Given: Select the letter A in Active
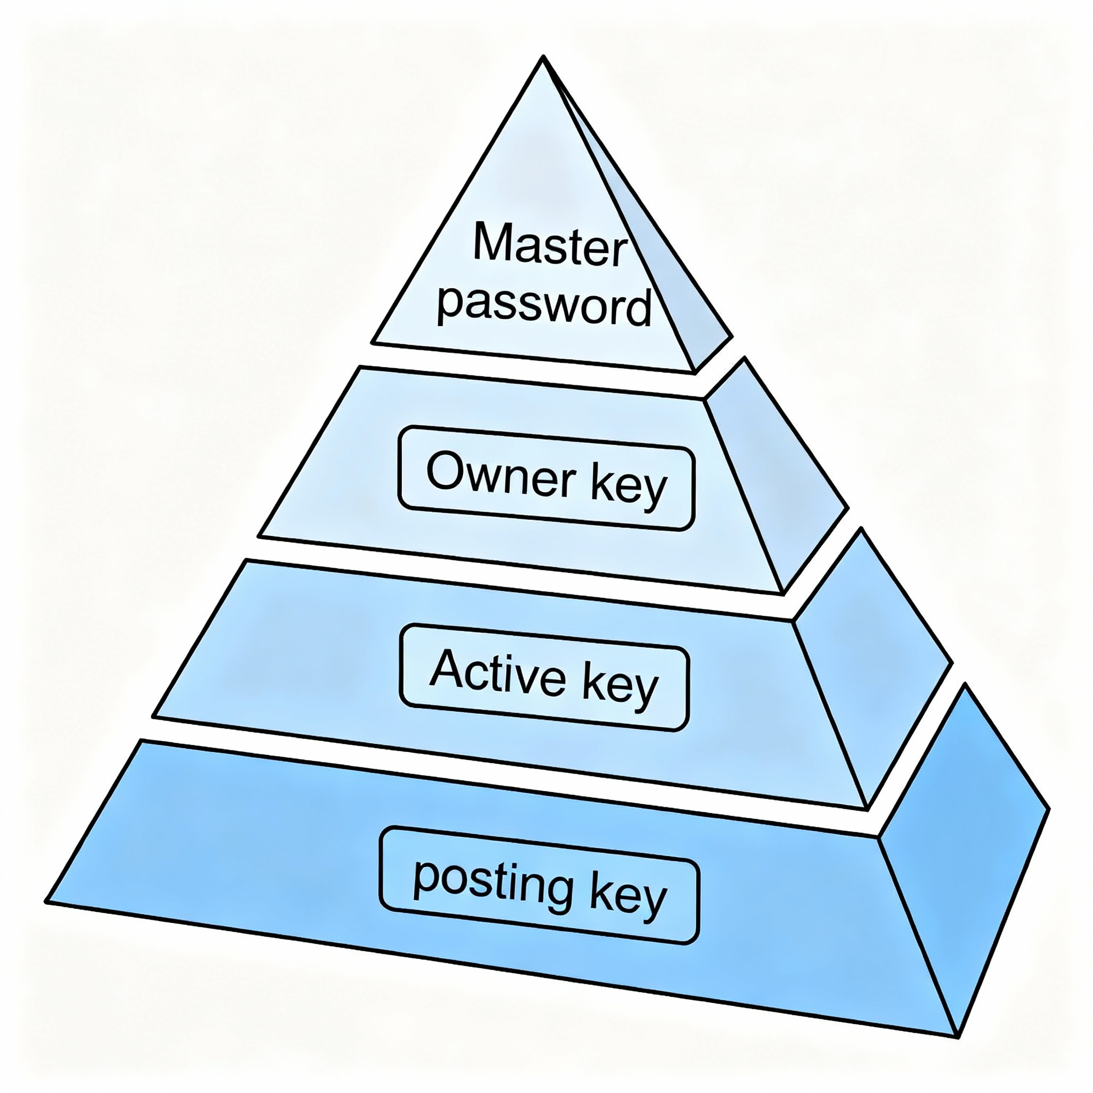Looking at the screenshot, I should click(447, 669).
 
